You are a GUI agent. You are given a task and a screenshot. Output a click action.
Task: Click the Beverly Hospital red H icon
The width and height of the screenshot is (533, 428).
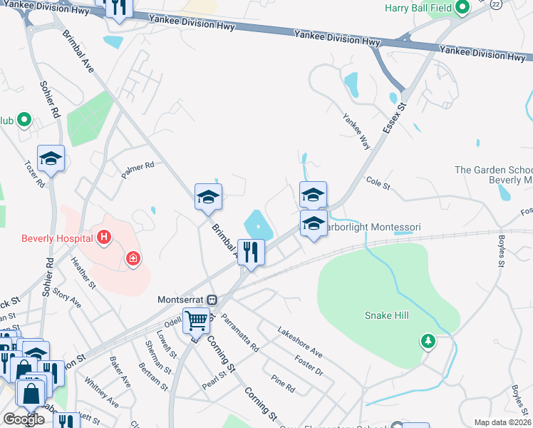[104, 237]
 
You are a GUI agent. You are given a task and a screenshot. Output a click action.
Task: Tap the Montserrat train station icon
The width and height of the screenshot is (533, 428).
[212, 300]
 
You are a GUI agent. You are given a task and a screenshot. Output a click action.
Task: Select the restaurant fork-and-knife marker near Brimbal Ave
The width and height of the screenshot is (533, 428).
[249, 253]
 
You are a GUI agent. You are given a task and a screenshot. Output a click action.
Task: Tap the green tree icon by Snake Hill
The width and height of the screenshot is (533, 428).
[428, 342]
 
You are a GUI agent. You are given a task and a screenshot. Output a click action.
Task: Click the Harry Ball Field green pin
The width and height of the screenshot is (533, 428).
[462, 9]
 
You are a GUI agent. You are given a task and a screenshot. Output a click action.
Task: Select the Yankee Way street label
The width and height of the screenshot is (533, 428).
[356, 131]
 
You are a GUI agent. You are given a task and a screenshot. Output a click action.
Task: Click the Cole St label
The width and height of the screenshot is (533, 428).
[378, 185]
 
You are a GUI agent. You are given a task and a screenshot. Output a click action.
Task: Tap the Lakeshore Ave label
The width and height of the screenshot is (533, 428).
[300, 342]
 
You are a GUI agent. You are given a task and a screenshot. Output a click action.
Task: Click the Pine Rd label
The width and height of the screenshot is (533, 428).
[283, 384]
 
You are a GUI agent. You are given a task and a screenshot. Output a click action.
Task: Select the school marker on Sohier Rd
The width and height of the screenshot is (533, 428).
[51, 158]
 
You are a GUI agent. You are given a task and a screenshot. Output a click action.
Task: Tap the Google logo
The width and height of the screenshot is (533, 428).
[24, 419]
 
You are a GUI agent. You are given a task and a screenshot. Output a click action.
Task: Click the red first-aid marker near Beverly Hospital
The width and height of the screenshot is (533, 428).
[133, 259]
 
